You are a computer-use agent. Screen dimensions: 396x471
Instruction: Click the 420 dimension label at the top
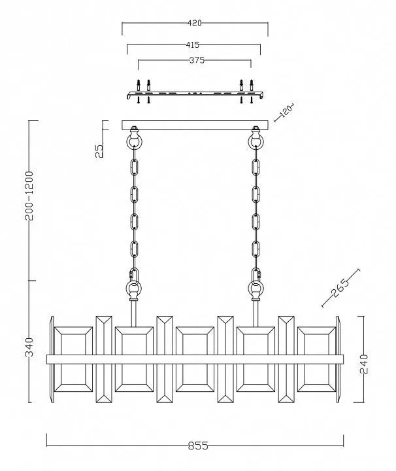(194, 23)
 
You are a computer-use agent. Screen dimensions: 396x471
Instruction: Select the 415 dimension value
(193, 44)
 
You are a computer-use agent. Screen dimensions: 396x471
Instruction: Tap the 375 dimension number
(197, 60)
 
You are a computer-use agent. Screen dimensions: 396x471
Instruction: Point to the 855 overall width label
(198, 445)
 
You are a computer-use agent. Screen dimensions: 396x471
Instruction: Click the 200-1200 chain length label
(29, 196)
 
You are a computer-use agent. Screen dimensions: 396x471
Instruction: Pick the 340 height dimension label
(29, 347)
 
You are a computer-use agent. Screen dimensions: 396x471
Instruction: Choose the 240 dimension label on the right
(363, 364)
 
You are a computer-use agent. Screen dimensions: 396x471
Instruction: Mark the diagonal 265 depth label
(340, 287)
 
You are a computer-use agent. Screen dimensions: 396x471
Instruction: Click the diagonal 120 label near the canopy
(286, 112)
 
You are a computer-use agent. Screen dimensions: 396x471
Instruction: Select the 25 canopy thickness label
(99, 151)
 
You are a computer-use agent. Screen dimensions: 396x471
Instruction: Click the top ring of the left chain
(134, 141)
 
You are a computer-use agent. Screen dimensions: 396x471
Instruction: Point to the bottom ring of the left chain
(133, 288)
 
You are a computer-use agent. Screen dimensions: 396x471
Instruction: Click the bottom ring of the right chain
(256, 288)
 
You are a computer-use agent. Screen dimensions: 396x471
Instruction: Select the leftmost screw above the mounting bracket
(139, 85)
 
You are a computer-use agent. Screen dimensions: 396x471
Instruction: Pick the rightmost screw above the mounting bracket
(252, 85)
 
